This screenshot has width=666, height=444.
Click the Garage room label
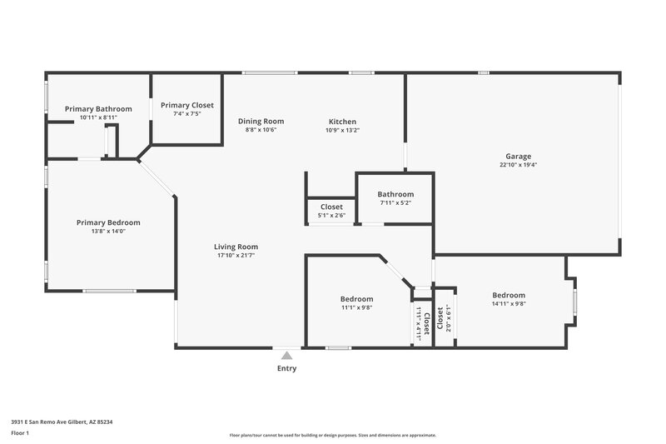coord(518,157)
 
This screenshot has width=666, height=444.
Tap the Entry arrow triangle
coord(286,356)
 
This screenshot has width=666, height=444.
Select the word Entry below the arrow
coord(286,368)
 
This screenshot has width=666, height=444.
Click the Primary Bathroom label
coord(98,109)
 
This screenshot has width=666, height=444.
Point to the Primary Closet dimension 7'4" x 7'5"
coord(187,114)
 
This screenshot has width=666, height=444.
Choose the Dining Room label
coord(261,122)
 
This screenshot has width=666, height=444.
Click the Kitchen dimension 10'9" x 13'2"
coord(342,130)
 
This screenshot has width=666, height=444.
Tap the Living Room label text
coord(236,247)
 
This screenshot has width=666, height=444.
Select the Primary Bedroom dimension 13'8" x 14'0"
coord(108,231)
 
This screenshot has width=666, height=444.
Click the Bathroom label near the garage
coord(395,194)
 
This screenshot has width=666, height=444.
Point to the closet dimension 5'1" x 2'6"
coord(331,215)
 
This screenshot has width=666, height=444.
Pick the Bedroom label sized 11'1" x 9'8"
coord(356,299)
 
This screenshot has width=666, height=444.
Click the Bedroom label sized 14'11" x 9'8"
coord(509,296)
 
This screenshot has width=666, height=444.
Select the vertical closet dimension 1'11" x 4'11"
coord(419,321)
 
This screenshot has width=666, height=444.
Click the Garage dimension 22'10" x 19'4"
coord(518,165)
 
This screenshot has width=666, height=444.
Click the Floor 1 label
coord(20,434)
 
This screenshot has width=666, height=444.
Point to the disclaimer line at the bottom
coord(333,435)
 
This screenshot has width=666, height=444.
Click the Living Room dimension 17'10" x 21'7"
coord(236,255)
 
